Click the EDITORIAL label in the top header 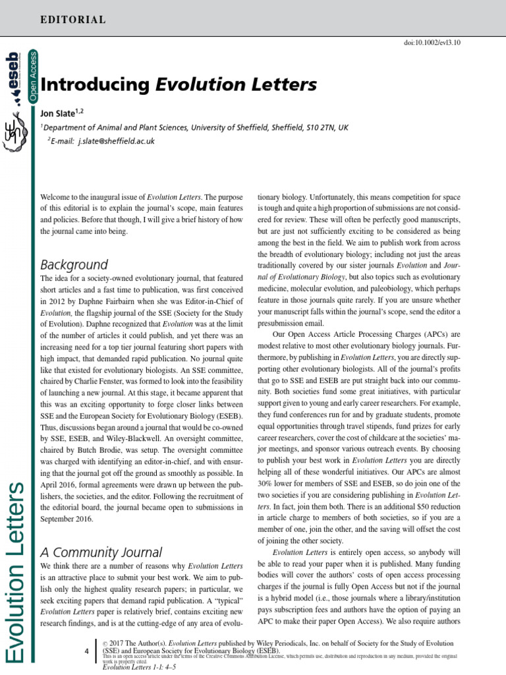72,20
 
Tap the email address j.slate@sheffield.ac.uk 116,141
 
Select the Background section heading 74,265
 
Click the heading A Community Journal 101,552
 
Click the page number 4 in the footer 86,652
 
